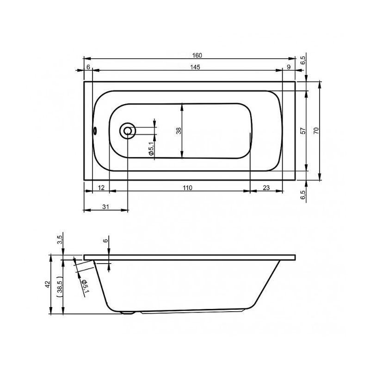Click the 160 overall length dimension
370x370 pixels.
[197, 55]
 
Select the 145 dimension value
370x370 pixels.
[195, 67]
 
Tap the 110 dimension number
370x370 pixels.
[187, 188]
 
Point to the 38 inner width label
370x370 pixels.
[179, 131]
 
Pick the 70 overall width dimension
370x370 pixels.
[316, 131]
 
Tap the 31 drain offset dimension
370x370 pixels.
[106, 207]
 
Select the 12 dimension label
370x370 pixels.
[101, 188]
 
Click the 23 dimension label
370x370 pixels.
[266, 188]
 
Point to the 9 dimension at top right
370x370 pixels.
[289, 67]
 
